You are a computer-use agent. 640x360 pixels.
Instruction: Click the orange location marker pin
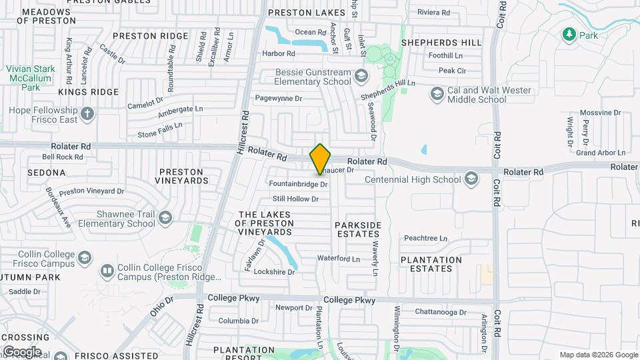320,159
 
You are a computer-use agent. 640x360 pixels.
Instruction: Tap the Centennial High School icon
471,179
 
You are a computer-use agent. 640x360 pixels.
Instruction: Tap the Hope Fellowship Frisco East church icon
87,113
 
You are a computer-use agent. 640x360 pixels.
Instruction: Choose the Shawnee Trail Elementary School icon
165,217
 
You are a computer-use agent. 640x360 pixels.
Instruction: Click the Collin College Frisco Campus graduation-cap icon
85,257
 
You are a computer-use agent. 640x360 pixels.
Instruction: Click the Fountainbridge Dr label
298,183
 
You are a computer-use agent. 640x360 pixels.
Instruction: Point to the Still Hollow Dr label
295,199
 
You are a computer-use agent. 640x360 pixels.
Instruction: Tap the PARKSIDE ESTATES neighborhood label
358,229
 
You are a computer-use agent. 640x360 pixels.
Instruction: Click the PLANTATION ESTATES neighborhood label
431,264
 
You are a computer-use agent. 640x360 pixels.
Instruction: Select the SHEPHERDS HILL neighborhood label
441,43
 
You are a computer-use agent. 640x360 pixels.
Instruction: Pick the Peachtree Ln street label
425,238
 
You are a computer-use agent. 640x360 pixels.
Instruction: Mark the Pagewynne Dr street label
279,98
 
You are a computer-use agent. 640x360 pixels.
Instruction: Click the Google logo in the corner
22,351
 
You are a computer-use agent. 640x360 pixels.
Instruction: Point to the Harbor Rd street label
278,53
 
